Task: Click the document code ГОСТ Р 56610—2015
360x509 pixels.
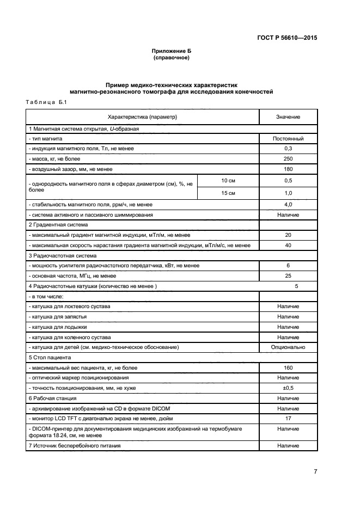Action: click(x=286, y=38)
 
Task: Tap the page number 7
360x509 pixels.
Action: click(x=315, y=472)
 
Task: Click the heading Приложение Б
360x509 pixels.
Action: click(x=172, y=51)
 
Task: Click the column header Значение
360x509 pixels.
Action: click(x=288, y=117)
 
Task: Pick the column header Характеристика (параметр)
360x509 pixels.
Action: click(x=143, y=117)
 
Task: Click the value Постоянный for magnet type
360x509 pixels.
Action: click(x=288, y=139)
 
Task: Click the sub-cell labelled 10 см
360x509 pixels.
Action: click(x=228, y=180)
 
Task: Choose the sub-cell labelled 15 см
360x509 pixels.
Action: click(x=228, y=193)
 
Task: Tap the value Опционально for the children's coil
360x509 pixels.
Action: click(x=288, y=347)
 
